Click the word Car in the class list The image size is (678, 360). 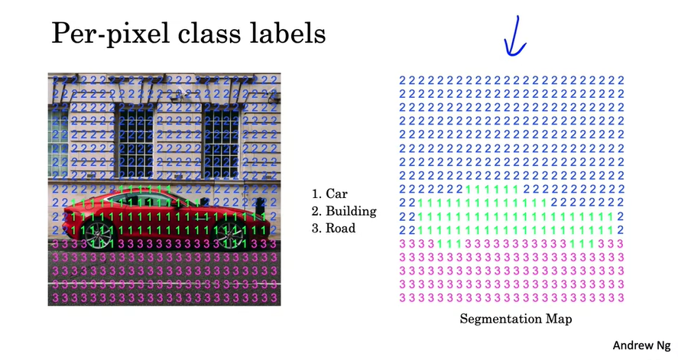click(x=337, y=193)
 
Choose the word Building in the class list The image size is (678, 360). click(x=351, y=210)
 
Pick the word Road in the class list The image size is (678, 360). click(x=341, y=227)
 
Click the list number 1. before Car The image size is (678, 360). click(x=316, y=193)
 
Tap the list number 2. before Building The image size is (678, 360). click(x=316, y=210)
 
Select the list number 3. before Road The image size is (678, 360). click(x=316, y=227)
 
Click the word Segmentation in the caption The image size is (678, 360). click(x=498, y=319)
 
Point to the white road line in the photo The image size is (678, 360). click(x=164, y=284)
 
